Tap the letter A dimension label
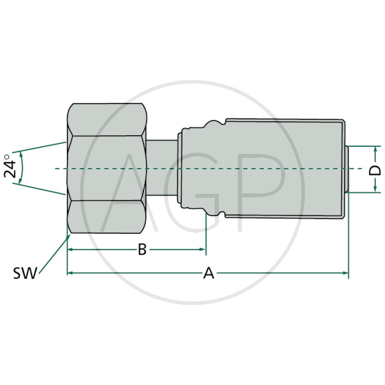point(208,273)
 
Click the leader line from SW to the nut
point(53,255)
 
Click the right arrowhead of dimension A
point(345,273)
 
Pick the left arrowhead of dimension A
point(70,273)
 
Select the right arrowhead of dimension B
point(203,249)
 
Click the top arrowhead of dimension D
point(375,149)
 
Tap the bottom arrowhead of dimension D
point(375,189)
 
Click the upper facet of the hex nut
point(107,119)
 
